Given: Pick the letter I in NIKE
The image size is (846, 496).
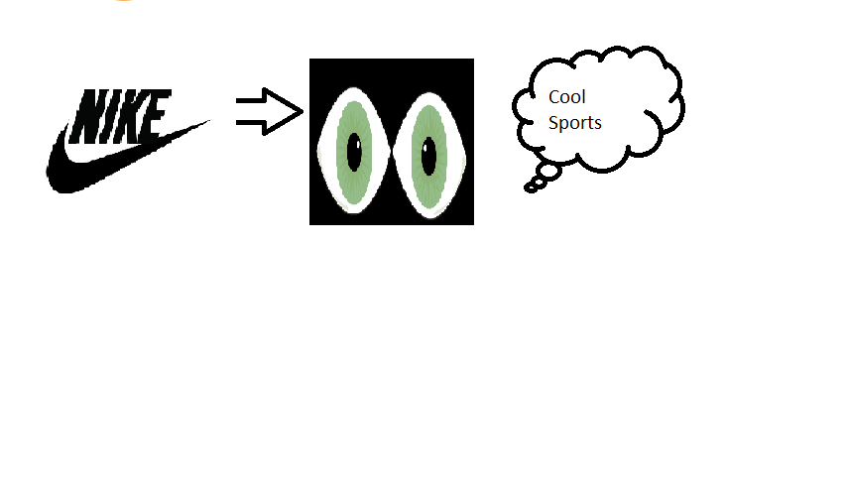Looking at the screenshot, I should click(114, 115).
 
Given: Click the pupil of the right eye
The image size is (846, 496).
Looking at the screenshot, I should click(428, 154).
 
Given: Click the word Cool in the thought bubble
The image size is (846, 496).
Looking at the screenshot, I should click(567, 97).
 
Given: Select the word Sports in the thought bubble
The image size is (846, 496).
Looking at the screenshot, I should click(575, 123).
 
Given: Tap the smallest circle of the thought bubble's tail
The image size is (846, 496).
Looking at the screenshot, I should click(531, 186).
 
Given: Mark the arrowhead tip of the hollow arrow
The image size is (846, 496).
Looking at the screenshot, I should click(300, 110).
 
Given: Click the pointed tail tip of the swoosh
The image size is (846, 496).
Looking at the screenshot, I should click(209, 122).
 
